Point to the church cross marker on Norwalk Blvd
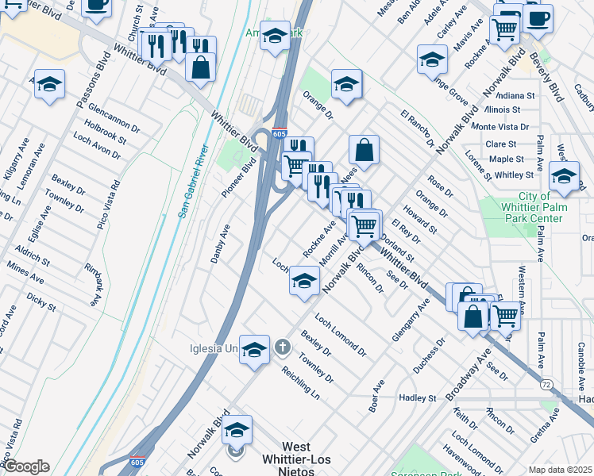282,347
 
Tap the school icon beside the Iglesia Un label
254,350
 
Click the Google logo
25,466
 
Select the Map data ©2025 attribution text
560,470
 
